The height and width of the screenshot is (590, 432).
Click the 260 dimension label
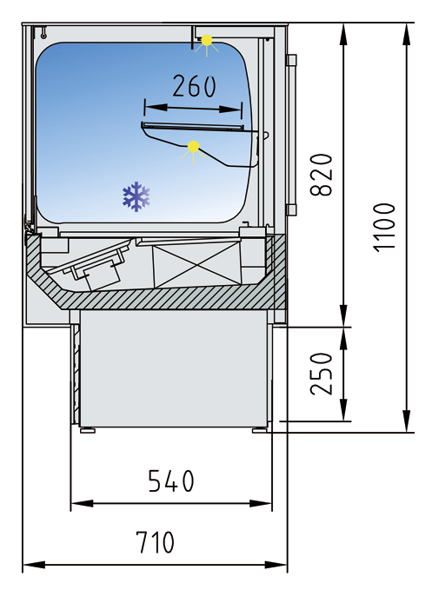[194, 86]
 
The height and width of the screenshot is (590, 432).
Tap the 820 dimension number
[322, 175]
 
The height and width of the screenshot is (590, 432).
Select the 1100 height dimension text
[384, 228]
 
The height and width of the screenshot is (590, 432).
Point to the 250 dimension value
[322, 374]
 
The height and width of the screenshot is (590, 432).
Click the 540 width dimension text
[171, 481]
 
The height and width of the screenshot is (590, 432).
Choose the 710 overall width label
[155, 542]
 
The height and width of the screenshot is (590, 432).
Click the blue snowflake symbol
[136, 196]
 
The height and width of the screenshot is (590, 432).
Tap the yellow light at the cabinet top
[207, 40]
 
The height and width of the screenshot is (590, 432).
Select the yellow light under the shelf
[193, 146]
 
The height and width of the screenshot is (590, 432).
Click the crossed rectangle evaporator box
[196, 264]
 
